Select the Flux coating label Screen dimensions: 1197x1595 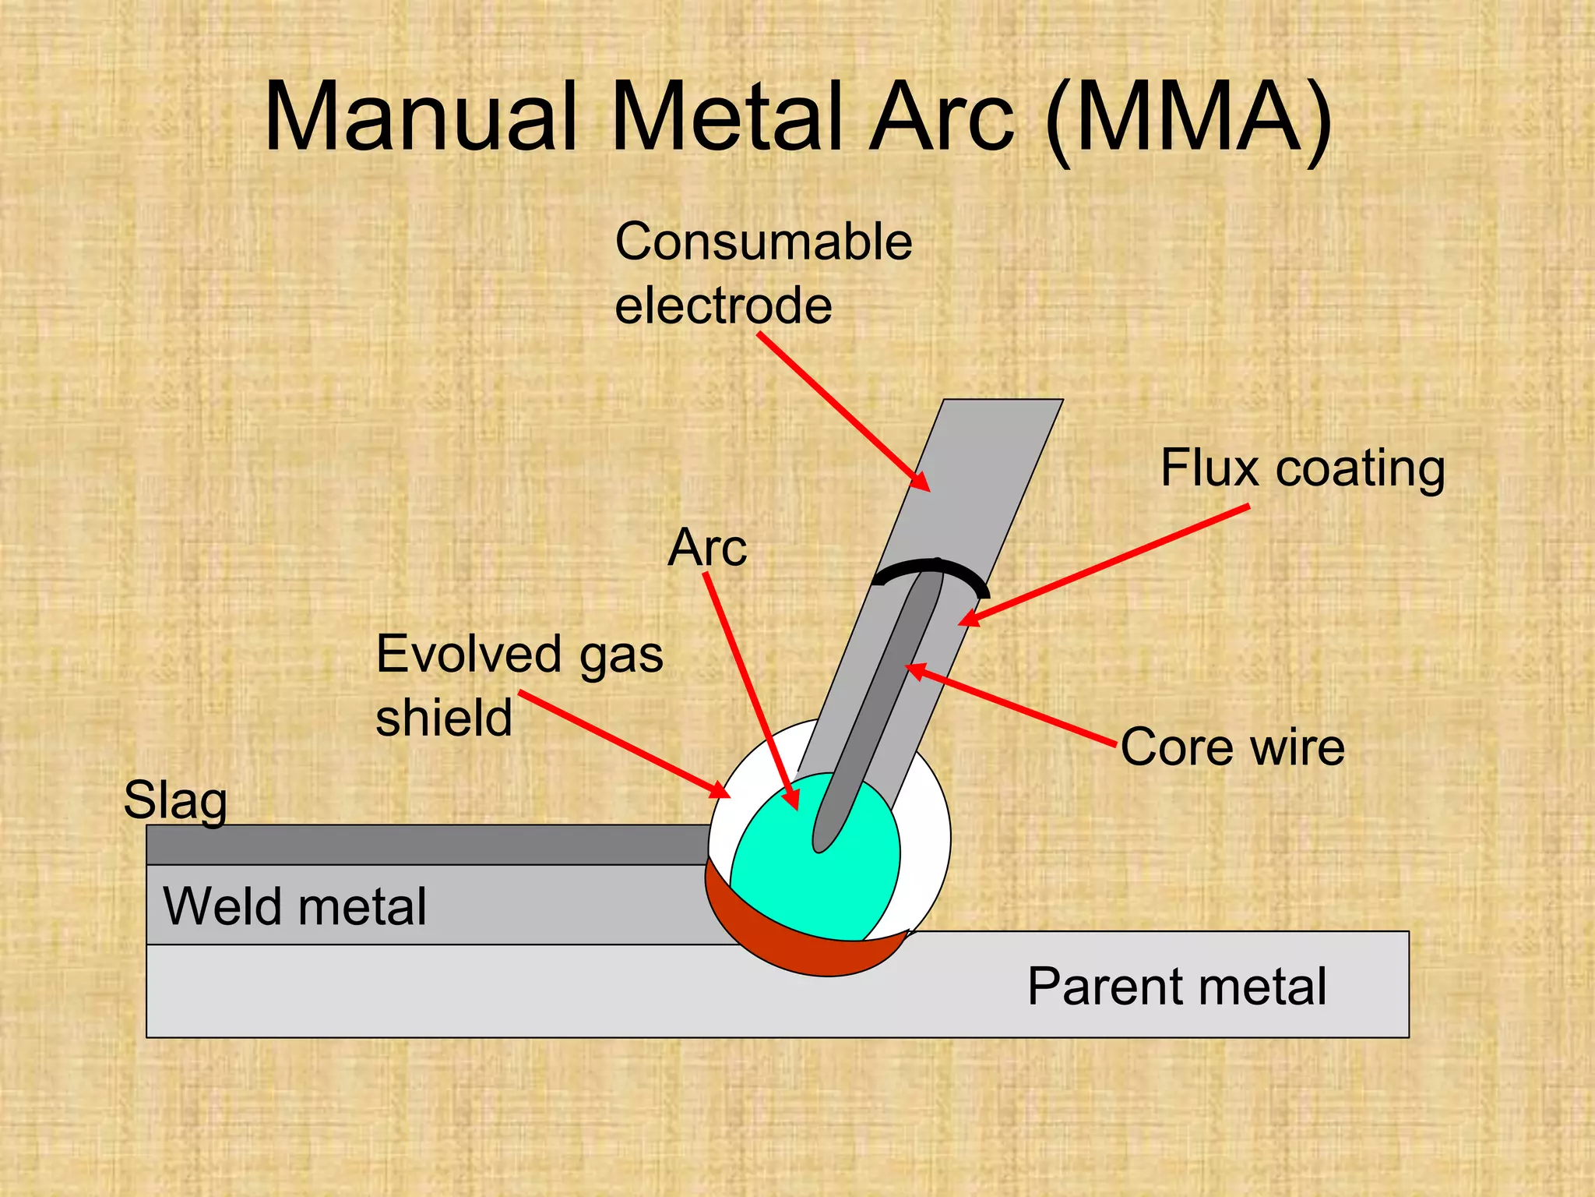point(1302,469)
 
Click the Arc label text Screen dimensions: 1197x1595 point(707,548)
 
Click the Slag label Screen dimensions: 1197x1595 point(175,800)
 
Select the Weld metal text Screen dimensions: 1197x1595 point(294,906)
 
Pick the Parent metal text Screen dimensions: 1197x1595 point(1176,987)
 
